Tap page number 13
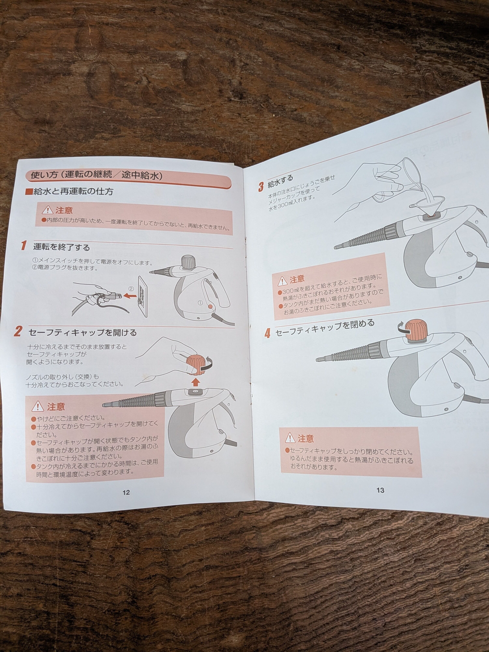380,490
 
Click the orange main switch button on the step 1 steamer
210,307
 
